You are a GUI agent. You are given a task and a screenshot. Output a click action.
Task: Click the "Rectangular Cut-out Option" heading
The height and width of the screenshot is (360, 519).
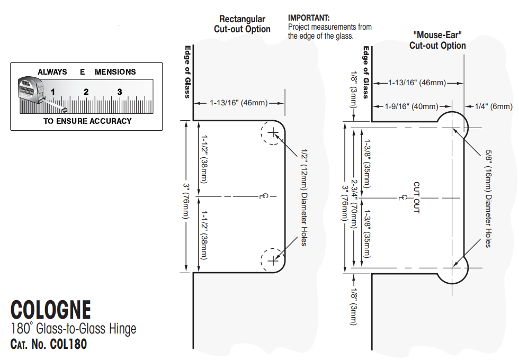242,24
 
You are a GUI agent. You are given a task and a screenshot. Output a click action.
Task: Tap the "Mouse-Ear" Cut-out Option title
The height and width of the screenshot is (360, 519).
437,40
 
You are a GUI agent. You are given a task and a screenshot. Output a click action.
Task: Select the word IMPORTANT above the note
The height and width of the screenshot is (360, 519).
308,18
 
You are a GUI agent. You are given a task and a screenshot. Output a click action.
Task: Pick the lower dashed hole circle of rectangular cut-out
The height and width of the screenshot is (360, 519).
272,260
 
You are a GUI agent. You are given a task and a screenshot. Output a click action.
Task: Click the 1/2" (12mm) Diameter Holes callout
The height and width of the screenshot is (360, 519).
303,196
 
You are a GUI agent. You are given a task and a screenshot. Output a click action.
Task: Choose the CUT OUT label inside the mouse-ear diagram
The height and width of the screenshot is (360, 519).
416,197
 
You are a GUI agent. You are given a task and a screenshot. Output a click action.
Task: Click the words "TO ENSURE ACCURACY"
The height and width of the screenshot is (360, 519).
87,121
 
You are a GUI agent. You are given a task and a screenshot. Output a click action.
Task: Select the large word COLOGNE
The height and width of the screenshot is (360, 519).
51,310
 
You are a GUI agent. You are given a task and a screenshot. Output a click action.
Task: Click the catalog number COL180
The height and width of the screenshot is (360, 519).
68,344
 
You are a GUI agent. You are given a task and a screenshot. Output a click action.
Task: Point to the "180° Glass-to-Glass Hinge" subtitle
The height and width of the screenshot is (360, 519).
73,329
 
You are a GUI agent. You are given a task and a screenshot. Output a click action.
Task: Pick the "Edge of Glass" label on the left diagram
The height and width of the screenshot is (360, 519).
187,71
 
